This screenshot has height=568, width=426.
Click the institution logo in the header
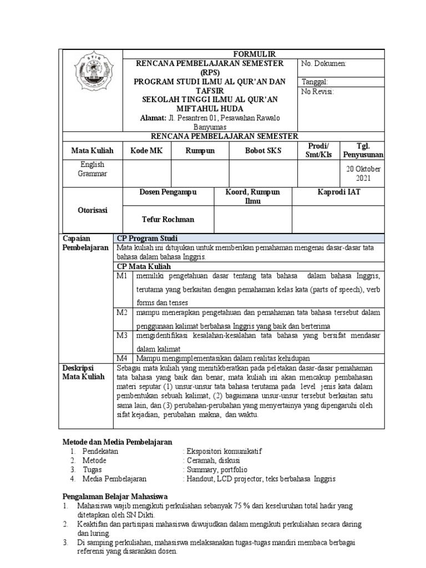coord(91,71)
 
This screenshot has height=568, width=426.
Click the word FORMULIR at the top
coord(253,54)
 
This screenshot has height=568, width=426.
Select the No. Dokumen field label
coord(324,64)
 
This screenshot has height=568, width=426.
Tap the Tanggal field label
coord(315,81)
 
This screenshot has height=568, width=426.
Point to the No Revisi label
coord(317,92)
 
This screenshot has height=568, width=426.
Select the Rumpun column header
coord(200,151)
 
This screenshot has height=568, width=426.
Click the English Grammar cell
coord(92,169)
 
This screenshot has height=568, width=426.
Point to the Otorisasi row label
coord(92,210)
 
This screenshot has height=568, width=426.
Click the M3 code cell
coord(122,335)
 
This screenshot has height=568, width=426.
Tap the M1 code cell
coord(122,276)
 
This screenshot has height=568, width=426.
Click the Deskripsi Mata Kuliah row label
coord(78,372)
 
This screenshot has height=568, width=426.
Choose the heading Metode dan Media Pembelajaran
coord(116,442)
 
